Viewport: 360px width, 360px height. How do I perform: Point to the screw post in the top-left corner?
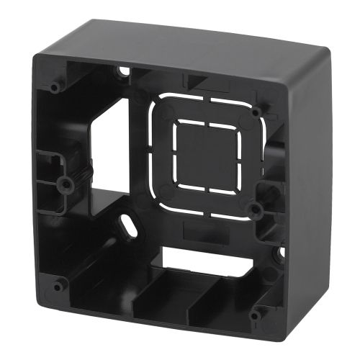click(55, 86)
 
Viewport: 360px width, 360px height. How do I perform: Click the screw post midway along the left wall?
click(66, 183)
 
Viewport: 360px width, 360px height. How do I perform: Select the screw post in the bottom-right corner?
click(256, 315)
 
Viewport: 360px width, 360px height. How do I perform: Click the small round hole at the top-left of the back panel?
click(124, 71)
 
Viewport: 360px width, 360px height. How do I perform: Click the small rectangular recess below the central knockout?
click(196, 230)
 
